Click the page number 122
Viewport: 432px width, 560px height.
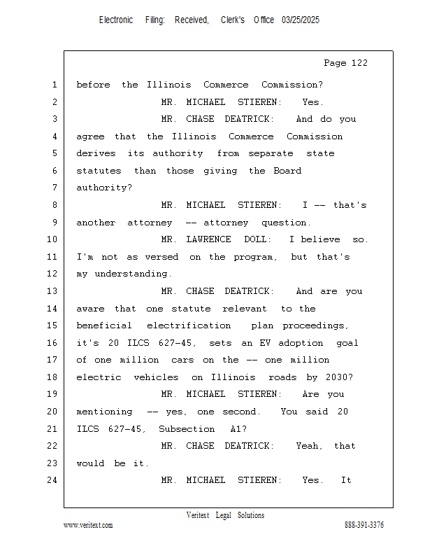pos(359,63)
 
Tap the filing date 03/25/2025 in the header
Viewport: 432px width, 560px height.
pos(301,20)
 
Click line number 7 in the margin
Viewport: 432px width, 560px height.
pos(54,188)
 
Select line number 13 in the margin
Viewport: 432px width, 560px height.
pos(52,291)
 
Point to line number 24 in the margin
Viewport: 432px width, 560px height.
pos(52,480)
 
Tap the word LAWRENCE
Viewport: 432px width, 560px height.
pos(209,239)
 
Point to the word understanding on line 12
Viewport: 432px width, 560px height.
pos(130,274)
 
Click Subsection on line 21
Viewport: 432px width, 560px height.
pos(187,428)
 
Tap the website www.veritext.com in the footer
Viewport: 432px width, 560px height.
pos(88,525)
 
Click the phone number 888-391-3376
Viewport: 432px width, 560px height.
pos(363,525)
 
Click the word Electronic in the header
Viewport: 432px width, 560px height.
pos(116,20)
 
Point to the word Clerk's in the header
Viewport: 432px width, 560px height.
pos(232,20)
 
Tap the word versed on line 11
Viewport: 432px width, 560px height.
pos(161,257)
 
